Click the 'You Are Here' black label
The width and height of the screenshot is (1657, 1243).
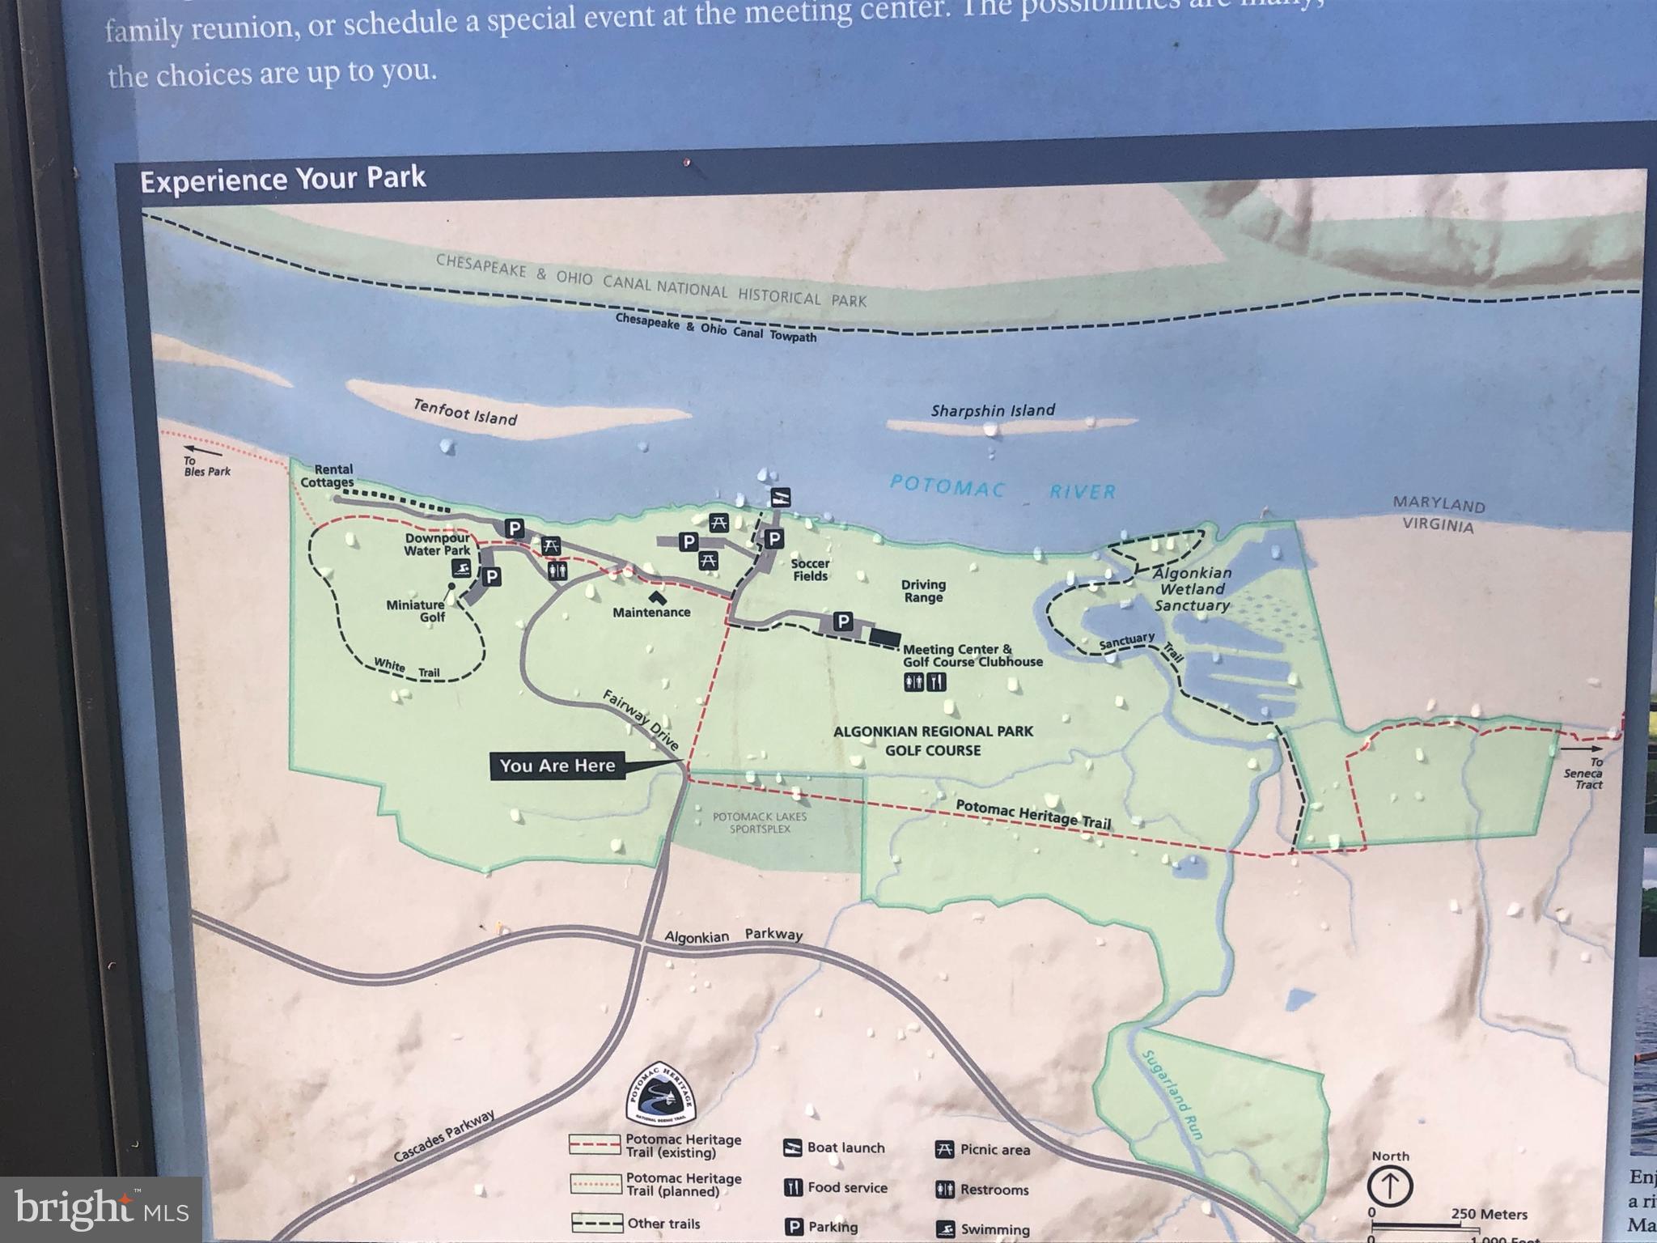tap(557, 766)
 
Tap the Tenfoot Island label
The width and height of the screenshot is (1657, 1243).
tap(465, 412)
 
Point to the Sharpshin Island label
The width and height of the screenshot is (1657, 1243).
tap(993, 410)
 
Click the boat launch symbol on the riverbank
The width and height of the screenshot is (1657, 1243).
tap(780, 497)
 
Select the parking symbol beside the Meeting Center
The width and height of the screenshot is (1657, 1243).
tap(843, 621)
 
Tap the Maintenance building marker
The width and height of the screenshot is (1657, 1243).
tap(656, 598)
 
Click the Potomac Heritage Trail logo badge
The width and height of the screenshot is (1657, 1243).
tap(661, 1094)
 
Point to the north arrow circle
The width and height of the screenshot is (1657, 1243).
tap(1390, 1187)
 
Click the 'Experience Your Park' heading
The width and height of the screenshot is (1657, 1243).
tap(283, 178)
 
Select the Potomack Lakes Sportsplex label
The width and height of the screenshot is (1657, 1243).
tap(760, 823)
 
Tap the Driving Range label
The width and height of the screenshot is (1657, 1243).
tap(923, 591)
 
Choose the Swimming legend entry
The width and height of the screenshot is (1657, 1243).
tap(984, 1229)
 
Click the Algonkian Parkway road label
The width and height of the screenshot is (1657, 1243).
tap(733, 935)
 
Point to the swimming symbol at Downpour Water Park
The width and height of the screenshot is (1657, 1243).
tap(460, 569)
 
